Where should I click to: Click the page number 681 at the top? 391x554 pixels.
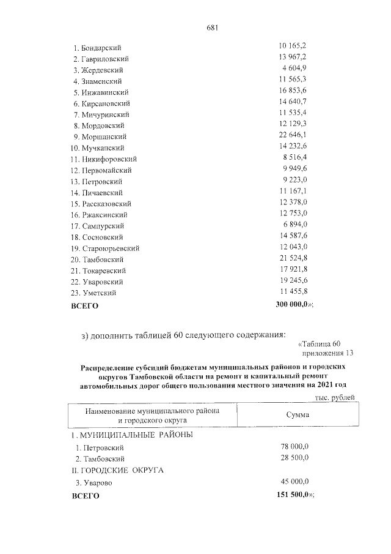213,28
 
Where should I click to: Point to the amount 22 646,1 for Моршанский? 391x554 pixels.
293,136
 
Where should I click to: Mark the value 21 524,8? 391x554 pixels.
293,259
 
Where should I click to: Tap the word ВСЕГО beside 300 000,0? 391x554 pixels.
85,305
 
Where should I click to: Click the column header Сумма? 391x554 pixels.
298,415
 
